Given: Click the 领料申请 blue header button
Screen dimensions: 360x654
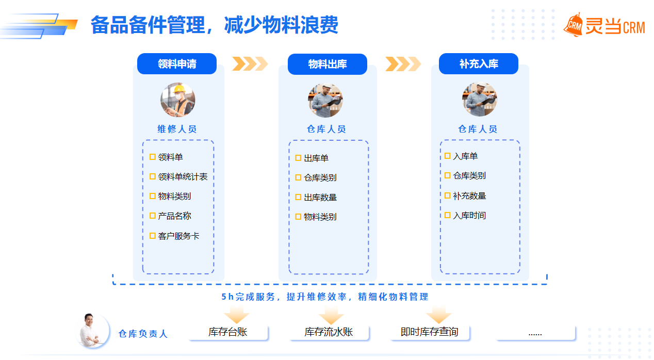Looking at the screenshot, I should point(177,64).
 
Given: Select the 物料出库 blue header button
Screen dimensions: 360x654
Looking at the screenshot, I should point(327,64).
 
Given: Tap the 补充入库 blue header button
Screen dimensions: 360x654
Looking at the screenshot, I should point(478,64).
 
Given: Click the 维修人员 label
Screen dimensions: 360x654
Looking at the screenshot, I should point(177,129).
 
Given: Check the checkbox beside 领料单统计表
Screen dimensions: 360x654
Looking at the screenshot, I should point(153,176).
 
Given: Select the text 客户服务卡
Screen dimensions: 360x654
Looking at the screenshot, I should point(178,236).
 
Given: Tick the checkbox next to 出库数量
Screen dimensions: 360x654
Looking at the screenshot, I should point(298,197).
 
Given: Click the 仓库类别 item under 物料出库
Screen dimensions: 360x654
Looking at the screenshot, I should point(320,177).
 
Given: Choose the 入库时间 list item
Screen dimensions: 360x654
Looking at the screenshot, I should point(469,216).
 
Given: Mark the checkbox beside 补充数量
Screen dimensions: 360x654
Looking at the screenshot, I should point(448,195).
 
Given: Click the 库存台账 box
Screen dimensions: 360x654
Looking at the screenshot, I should point(228,332).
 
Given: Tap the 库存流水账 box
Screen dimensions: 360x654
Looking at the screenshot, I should point(329,332).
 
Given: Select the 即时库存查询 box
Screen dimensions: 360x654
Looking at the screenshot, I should point(429,332).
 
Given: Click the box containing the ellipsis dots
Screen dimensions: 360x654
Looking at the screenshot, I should point(535,333).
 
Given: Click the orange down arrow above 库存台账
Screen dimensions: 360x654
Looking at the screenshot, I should point(237,314).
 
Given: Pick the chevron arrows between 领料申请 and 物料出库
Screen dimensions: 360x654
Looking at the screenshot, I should point(250,63).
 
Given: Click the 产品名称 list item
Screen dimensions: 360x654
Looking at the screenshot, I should point(174,216).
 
